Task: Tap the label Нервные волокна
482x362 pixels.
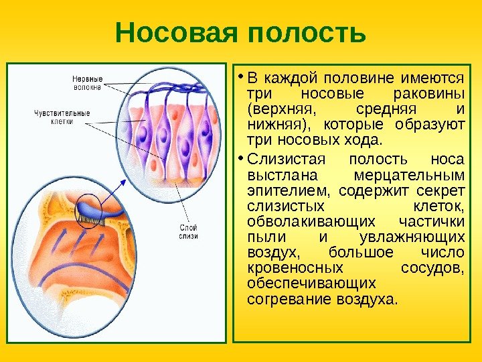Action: point(87,82)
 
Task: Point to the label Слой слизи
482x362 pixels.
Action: point(189,233)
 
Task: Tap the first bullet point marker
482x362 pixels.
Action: point(242,77)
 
